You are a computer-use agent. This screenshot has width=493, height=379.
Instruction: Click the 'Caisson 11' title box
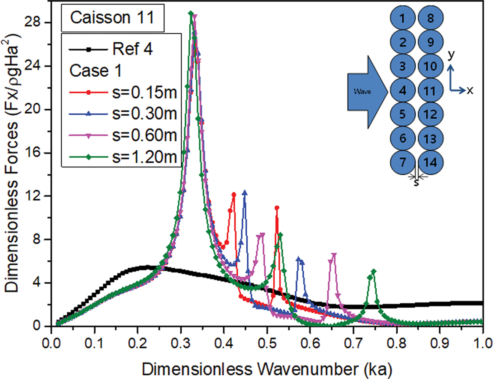tap(112, 18)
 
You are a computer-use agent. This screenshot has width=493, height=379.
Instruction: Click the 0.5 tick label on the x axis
tap(267, 343)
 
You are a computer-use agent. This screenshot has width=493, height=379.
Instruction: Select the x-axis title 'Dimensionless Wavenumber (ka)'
tap(267, 370)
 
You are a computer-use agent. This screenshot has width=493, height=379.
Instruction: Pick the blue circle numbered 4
tap(403, 91)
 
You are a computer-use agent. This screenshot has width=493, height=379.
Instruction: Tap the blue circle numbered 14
tap(430, 162)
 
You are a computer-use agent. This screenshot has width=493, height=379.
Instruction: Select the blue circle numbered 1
tap(403, 18)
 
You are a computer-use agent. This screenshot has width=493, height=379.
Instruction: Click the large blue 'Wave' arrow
tap(366, 92)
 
